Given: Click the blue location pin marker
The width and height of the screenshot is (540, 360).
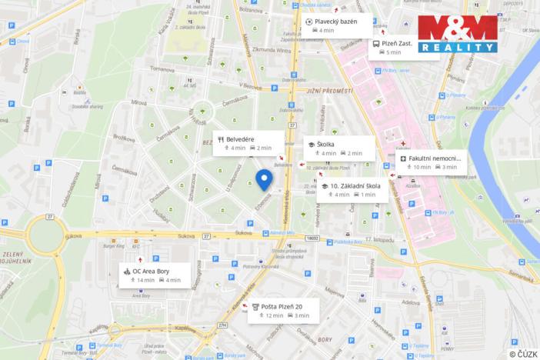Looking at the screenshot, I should tap(264, 179).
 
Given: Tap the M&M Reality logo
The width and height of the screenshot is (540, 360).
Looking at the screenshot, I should tap(458, 33).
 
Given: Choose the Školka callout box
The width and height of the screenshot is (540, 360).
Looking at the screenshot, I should tap(338, 148).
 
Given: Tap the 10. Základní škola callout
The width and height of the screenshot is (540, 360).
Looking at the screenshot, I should tap(354, 190).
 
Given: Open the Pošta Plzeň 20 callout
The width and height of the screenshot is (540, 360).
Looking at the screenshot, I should tap(281, 310).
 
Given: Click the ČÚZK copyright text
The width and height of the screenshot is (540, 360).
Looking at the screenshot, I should tap(523, 353).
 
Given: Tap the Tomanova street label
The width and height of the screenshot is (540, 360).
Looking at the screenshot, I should tap(162, 68).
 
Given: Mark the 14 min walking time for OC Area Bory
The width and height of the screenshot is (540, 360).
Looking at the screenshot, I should tap(142, 280).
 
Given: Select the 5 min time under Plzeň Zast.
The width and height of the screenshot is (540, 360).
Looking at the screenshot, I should tap(392, 53).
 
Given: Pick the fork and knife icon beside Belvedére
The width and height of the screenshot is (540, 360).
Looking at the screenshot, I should tap(220, 139).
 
